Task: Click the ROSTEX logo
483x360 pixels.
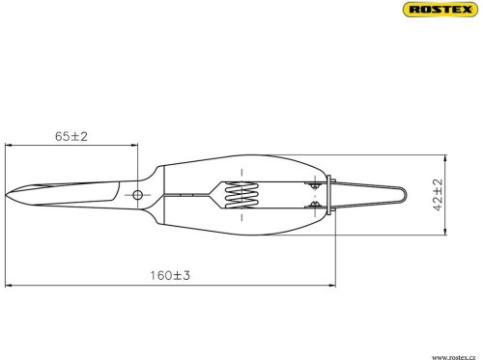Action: pyautogui.click(x=440, y=9)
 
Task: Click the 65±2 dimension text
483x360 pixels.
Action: pyautogui.click(x=71, y=136)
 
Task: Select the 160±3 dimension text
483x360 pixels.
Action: pyautogui.click(x=170, y=275)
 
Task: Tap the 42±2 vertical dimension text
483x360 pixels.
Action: pyautogui.click(x=439, y=195)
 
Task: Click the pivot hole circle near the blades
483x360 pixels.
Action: pyautogui.click(x=137, y=195)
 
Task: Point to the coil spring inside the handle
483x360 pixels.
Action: pyautogui.click(x=241, y=195)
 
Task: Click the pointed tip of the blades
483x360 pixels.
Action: pyautogui.click(x=6, y=195)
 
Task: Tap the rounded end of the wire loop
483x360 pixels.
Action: pyautogui.click(x=405, y=195)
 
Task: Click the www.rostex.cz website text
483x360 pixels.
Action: pyautogui.click(x=453, y=357)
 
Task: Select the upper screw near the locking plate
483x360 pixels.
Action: pyautogui.click(x=314, y=185)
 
